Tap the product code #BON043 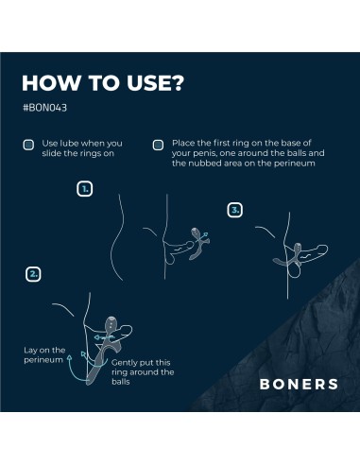[x=44, y=108]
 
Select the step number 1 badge [x=85, y=189]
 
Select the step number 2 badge [x=33, y=274]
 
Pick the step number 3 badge [x=235, y=210]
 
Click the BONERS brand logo [x=299, y=384]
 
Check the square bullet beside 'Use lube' [x=28, y=145]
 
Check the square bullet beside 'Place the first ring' [x=158, y=145]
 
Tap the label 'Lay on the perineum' [x=44, y=355]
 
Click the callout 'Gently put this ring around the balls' [x=143, y=372]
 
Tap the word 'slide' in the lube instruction [x=49, y=153]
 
